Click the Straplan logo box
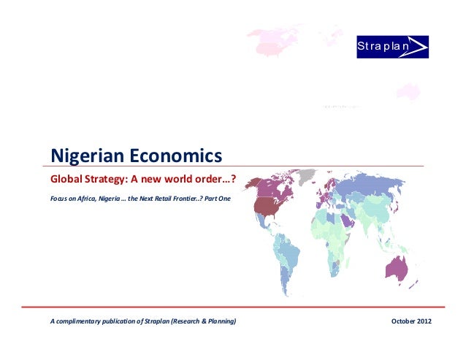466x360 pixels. coord(391,47)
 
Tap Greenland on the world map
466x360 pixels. coord(307,177)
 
